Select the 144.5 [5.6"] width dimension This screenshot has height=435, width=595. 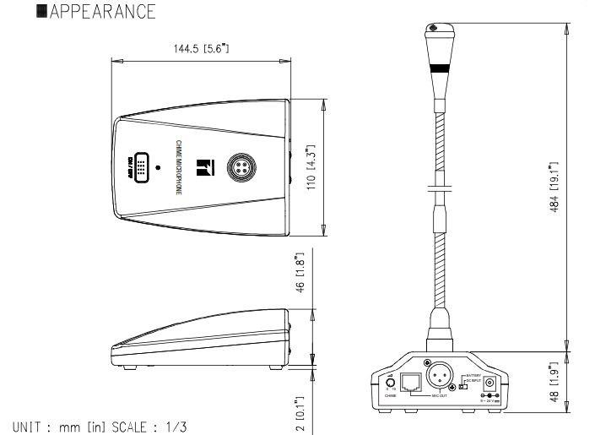200,49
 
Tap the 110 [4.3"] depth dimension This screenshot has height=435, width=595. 311,166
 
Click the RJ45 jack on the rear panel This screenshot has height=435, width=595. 411,381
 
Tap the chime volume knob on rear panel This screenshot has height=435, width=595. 390,382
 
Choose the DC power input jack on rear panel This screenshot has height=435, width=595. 487,384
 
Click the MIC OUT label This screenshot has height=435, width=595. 439,396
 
